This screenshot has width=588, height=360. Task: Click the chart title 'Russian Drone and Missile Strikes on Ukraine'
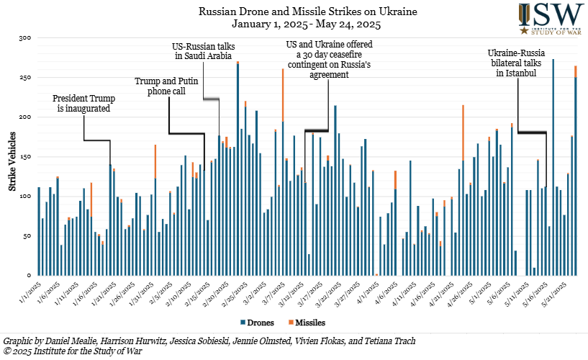(289, 12)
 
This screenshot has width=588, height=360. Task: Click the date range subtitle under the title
(289, 24)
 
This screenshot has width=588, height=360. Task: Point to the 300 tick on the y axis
(26, 37)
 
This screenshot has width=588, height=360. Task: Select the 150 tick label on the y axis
(26, 156)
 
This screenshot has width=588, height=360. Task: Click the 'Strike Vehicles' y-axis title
(12, 156)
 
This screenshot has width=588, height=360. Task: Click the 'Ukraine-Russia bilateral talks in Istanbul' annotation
(516, 64)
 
